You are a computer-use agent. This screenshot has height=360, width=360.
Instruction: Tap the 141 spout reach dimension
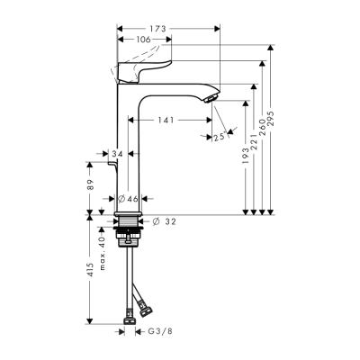[165, 118]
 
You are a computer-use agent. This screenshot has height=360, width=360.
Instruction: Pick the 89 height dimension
[90, 186]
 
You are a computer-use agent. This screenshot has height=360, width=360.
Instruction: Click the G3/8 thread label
[159, 331]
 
